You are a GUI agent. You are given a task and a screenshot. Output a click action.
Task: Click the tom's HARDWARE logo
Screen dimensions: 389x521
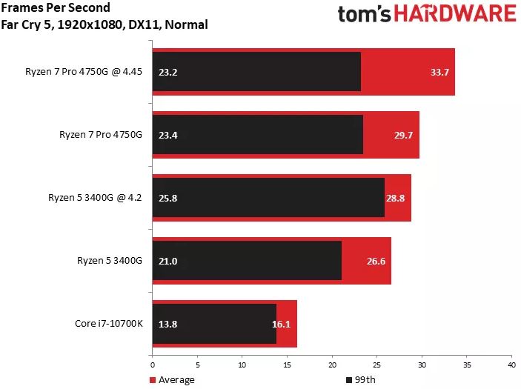(426, 15)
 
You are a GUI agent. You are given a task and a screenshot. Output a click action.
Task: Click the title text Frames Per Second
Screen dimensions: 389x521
(56, 8)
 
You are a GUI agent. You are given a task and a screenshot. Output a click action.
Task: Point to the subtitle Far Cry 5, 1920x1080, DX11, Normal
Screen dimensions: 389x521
(104, 24)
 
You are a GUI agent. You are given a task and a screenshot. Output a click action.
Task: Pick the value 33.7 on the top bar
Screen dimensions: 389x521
(440, 73)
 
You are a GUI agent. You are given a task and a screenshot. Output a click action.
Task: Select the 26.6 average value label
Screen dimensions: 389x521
(376, 261)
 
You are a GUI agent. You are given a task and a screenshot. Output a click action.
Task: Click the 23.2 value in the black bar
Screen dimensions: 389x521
(168, 73)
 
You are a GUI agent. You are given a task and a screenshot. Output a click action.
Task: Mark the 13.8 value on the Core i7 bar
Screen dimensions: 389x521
(168, 324)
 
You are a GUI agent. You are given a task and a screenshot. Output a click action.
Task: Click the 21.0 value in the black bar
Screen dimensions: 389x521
(168, 261)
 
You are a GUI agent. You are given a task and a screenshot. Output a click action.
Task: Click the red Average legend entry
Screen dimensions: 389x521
(173, 380)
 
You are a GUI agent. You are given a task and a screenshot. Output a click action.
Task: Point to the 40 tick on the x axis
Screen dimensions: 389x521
(511, 365)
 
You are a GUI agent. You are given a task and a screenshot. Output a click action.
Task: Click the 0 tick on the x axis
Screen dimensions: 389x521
(152, 365)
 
